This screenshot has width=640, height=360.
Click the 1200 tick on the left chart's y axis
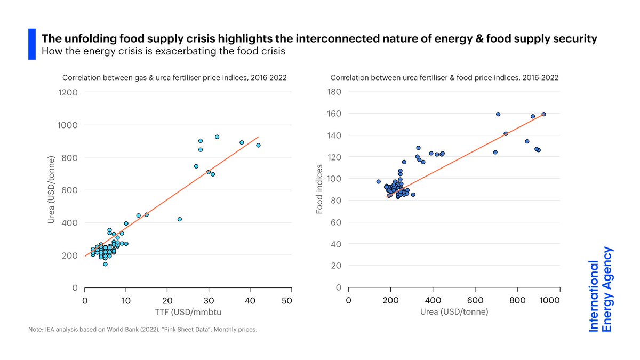coord(68,92)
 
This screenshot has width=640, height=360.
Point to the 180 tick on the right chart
coord(334,92)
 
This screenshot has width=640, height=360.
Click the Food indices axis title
coord(320,189)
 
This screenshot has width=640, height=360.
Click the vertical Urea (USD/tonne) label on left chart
coord(52,189)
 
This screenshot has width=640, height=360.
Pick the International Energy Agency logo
coord(600,289)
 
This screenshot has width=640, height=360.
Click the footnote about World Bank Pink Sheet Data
coord(143,330)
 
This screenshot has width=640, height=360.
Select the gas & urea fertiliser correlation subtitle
coord(174,77)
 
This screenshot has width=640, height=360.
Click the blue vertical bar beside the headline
coord(31,44)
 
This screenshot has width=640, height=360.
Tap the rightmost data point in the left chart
coord(258,145)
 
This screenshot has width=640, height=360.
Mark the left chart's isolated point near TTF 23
coord(180,219)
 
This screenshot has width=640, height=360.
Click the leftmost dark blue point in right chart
coord(378,181)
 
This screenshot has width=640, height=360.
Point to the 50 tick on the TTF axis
coord(287,301)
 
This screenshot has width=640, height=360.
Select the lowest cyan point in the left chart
coord(105,264)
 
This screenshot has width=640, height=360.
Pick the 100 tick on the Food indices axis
coord(334,179)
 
